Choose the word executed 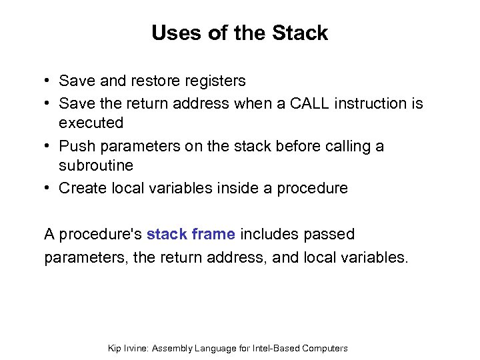pos(91,123)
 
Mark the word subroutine pos(96,165)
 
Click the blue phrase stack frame pos(191,235)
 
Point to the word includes pos(271,235)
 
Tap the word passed pos(330,235)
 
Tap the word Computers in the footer pos(325,348)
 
